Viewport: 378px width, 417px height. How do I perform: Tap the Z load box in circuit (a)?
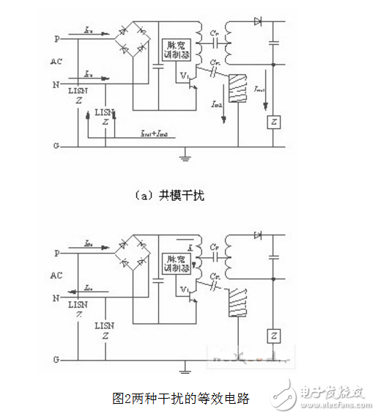[x=273, y=122]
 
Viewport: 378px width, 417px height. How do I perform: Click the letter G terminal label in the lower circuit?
[x=56, y=361]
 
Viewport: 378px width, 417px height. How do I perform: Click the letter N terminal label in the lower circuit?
[x=56, y=298]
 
